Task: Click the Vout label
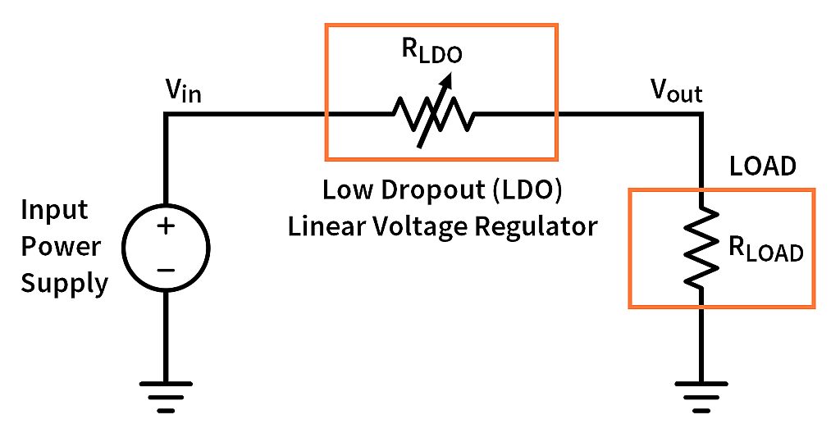tap(676, 93)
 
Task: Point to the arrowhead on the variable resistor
tap(447, 79)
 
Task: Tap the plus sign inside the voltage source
tap(166, 227)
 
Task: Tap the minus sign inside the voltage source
tap(166, 268)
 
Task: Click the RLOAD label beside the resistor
tap(765, 250)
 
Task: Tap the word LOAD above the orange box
tap(763, 166)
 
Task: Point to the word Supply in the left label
tap(64, 284)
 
